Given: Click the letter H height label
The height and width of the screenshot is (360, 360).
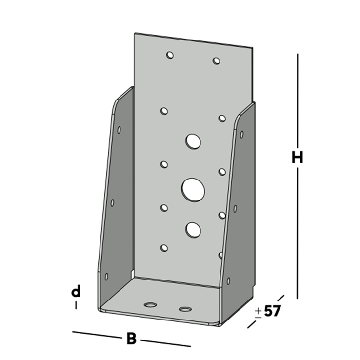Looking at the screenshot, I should [297, 158].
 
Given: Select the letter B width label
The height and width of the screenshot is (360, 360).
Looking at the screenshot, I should [131, 339].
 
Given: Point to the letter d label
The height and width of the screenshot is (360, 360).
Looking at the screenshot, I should [76, 292].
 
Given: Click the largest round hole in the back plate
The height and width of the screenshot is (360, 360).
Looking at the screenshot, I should [193, 189].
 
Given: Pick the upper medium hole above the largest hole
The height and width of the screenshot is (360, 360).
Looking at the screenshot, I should [193, 141].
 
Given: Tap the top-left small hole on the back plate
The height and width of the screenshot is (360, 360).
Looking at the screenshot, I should [170, 55].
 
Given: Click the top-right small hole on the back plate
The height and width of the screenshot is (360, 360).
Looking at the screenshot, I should [216, 61].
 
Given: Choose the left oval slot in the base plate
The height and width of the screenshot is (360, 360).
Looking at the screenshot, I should [150, 305].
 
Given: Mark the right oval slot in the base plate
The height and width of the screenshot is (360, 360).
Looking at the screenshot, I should [185, 309].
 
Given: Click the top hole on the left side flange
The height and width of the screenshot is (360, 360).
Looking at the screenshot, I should [119, 130].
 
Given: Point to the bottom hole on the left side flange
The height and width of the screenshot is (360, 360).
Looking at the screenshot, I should [105, 276].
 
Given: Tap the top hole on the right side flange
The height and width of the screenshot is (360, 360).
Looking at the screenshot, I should [241, 134].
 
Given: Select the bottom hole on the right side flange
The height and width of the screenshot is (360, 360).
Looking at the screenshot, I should [228, 280].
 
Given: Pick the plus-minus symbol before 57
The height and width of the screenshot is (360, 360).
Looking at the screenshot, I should [258, 313].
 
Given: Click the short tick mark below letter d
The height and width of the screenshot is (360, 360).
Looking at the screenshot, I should [76, 305].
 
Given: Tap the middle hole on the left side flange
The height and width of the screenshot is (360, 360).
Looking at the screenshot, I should [112, 202].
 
